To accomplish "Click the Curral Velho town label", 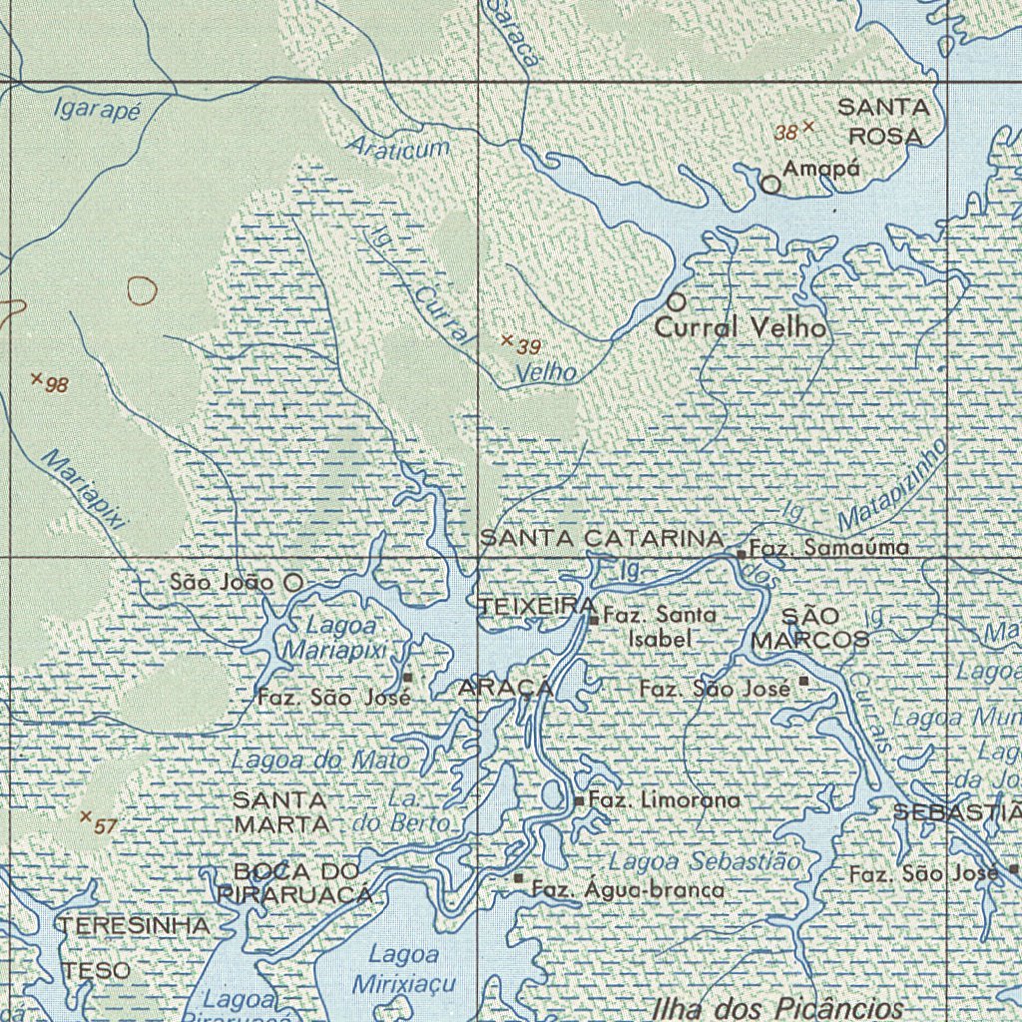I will [x=741, y=326].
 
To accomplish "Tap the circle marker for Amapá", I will [x=770, y=185].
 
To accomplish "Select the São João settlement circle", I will [x=293, y=581].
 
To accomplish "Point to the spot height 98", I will [x=37, y=379].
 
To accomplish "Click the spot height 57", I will [x=86, y=816].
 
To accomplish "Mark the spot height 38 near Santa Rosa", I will [x=808, y=127].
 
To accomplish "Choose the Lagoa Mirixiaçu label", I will [x=403, y=968].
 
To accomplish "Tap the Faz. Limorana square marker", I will [x=579, y=800].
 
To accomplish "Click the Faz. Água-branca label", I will [x=628, y=889].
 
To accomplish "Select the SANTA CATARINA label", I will [x=602, y=539].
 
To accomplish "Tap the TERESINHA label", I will [x=135, y=925].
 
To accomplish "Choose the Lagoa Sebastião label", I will [x=705, y=860].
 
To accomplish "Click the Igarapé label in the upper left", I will [x=97, y=109].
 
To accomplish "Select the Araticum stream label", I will [x=398, y=148].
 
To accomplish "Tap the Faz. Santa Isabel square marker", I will [x=594, y=620].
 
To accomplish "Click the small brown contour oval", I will [x=143, y=290].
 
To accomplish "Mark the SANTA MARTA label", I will [x=280, y=812].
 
